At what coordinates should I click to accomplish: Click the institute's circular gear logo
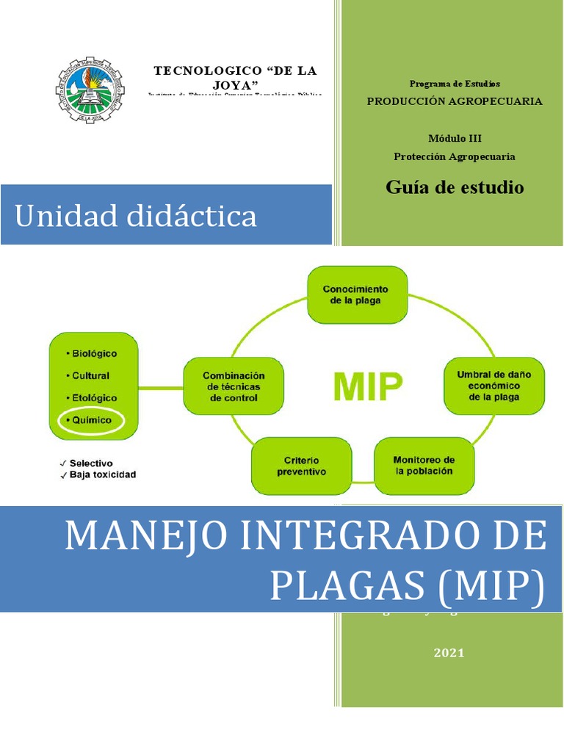click(90, 90)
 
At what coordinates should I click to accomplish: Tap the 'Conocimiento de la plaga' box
click(356, 294)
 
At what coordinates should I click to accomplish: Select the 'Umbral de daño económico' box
click(493, 386)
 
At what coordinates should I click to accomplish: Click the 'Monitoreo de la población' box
click(424, 466)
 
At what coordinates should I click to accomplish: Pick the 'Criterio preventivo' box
click(302, 466)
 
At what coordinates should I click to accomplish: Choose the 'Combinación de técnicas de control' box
click(234, 386)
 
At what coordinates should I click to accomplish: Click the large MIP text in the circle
click(368, 386)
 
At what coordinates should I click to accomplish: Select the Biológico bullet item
click(92, 353)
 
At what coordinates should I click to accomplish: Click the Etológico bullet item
click(91, 397)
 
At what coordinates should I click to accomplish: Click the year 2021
click(449, 654)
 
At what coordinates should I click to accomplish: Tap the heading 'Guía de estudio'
click(455, 187)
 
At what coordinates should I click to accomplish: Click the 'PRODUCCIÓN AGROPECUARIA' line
click(455, 101)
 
